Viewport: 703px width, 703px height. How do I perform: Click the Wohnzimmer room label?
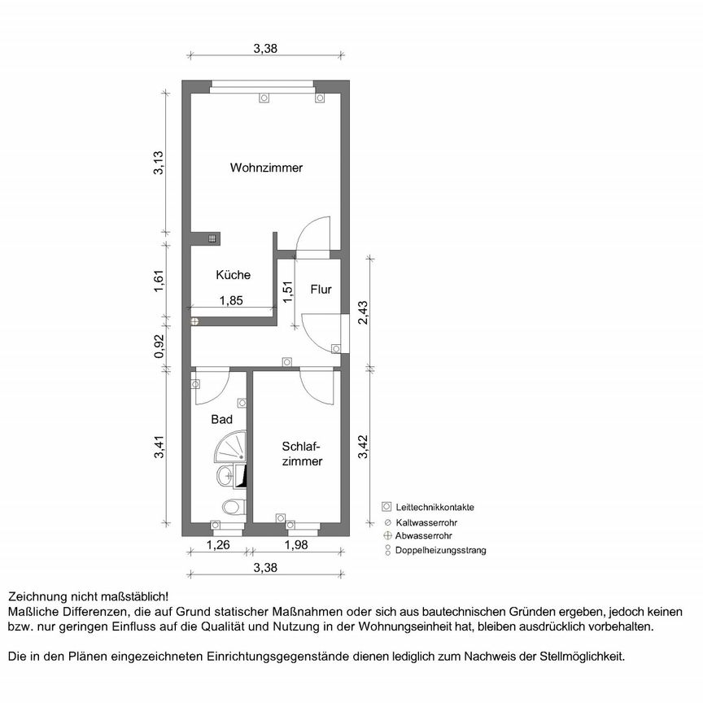[266, 168]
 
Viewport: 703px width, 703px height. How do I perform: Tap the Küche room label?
[233, 275]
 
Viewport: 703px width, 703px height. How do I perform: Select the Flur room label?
[321, 288]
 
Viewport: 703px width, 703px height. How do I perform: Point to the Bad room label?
[221, 420]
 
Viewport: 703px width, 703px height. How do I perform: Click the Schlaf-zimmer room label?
[303, 453]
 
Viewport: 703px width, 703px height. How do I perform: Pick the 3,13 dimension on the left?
[161, 164]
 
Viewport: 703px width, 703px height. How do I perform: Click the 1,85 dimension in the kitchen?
[231, 300]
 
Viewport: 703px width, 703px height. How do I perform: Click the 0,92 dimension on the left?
[161, 347]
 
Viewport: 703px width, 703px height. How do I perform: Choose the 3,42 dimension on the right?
[364, 447]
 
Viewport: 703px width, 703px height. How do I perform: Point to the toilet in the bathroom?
[234, 507]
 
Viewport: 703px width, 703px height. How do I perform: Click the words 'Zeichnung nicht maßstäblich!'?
[88, 596]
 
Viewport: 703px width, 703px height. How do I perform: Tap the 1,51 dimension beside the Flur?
[287, 292]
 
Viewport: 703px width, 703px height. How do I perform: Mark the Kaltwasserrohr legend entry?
[428, 522]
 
